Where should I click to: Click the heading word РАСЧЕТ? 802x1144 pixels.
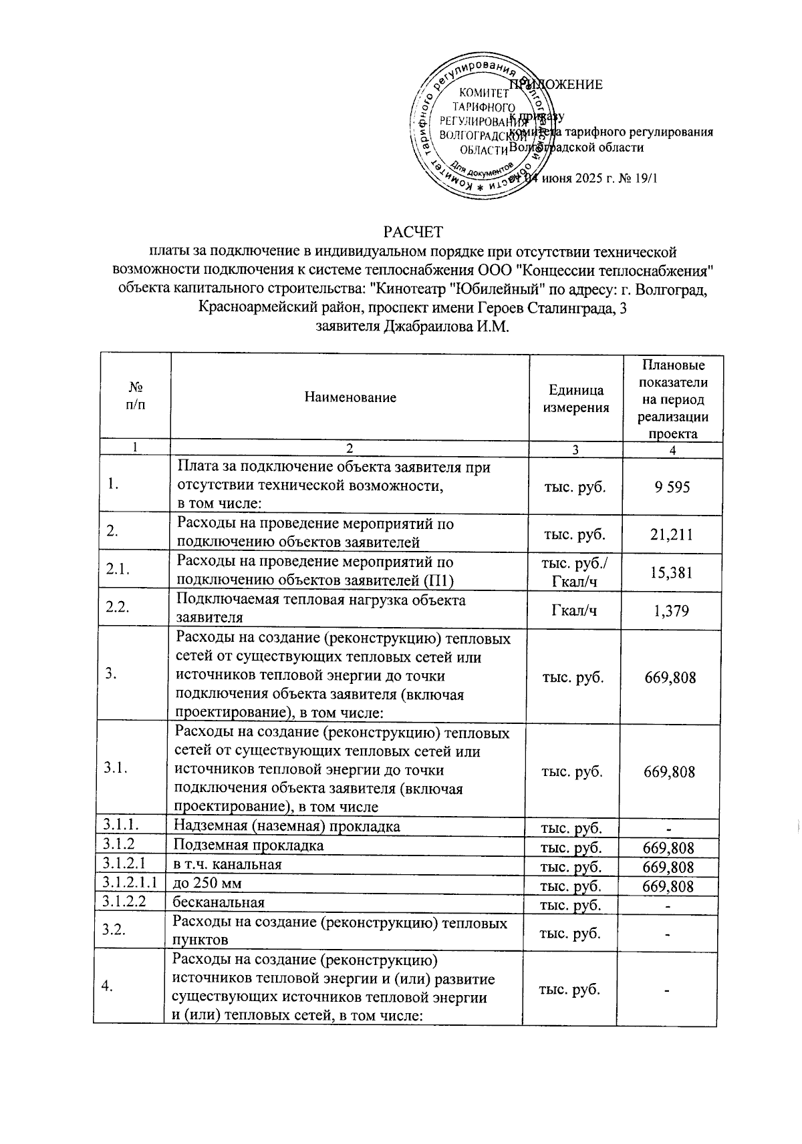click(413, 232)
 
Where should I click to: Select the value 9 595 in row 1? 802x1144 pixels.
click(672, 487)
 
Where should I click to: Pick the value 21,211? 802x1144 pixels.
click(672, 534)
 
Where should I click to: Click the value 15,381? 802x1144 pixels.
click(672, 572)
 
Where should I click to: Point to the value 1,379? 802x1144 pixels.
click(672, 610)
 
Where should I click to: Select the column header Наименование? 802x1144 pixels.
click(350, 397)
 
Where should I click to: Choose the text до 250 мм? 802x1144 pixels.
click(207, 884)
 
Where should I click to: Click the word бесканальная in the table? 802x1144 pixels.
click(219, 902)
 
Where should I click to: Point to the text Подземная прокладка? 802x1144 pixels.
click(249, 845)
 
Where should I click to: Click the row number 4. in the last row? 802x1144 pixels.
click(108, 988)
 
